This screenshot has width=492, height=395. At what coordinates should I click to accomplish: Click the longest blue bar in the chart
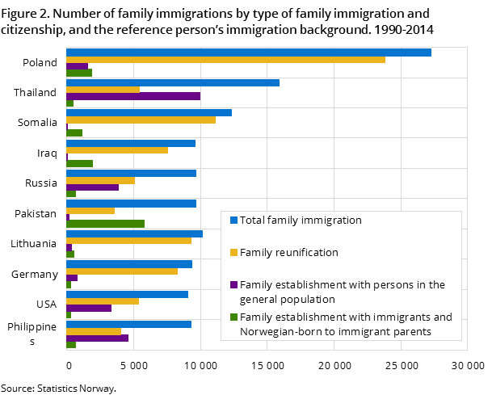[248, 53]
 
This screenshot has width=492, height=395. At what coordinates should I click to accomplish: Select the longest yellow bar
[225, 60]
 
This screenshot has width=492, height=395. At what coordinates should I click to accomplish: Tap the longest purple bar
[133, 96]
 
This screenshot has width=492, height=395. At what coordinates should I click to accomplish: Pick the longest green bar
[105, 224]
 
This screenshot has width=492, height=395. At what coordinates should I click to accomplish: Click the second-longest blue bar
[173, 82]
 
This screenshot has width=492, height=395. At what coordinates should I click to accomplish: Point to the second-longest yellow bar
[141, 120]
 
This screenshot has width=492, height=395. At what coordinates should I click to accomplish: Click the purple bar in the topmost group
[77, 66]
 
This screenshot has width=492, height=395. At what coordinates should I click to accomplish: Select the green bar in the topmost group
[79, 73]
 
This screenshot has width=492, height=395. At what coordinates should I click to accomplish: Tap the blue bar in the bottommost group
[128, 324]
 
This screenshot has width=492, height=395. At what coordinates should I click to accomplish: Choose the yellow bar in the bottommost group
[94, 331]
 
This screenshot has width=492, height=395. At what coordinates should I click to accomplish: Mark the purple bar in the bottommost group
[97, 338]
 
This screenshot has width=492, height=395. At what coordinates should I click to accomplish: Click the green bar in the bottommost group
[71, 345]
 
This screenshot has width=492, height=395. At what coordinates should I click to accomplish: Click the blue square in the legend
[233, 220]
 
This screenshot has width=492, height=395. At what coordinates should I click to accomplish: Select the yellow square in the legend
[233, 252]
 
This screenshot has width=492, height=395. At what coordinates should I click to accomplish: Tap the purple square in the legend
[233, 284]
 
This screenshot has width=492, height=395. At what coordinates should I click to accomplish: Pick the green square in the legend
[233, 317]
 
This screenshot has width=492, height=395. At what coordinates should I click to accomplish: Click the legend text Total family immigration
[301, 220]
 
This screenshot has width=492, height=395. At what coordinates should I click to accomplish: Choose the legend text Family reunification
[288, 252]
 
